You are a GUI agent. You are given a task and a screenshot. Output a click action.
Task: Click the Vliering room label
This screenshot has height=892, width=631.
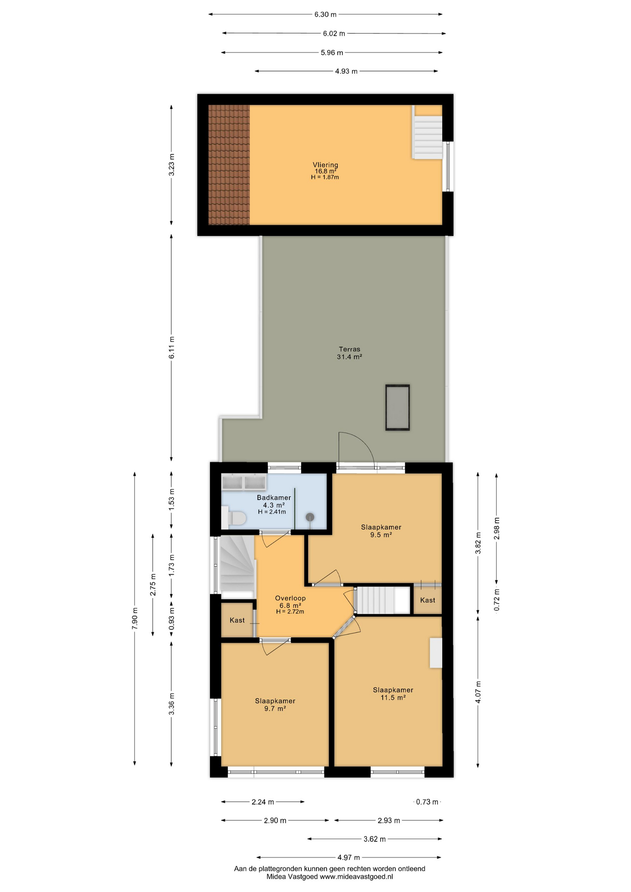(325, 165)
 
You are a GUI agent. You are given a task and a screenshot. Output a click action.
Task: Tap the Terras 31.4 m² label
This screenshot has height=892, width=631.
(349, 353)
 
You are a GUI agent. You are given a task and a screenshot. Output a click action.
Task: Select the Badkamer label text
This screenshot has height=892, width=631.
(274, 498)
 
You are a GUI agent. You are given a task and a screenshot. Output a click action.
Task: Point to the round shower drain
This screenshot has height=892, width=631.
(309, 517)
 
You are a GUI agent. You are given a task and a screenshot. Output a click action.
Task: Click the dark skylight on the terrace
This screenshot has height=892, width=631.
(397, 407)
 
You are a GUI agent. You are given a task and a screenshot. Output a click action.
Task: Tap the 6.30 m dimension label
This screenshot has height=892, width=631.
(325, 14)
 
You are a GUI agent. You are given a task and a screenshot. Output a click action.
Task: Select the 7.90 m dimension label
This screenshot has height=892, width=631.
(135, 618)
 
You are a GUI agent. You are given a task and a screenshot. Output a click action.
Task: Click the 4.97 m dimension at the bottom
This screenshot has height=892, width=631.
(349, 857)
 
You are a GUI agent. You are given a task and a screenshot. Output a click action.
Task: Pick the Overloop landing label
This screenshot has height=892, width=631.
(290, 598)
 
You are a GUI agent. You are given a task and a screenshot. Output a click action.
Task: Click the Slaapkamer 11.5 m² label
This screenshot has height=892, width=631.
(393, 694)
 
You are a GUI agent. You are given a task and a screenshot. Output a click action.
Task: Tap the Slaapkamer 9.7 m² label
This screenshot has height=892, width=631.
(275, 705)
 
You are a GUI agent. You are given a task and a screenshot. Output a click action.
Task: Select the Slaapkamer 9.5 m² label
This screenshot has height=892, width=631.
(381, 531)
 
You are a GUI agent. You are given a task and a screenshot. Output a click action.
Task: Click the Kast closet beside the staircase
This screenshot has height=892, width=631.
(427, 600)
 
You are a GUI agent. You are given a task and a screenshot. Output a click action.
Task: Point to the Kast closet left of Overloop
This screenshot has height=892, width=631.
(237, 620)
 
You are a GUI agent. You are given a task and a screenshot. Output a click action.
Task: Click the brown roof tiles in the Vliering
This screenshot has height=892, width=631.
(229, 165)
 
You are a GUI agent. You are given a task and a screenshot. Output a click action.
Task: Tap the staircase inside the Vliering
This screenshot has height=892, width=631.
(427, 137)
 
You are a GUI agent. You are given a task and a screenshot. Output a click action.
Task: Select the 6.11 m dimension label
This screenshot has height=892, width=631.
(171, 348)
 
